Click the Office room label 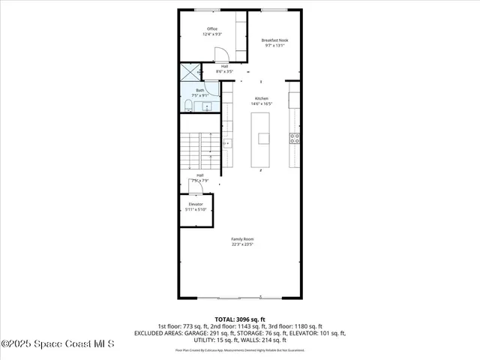pos(212,29)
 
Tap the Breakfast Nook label pos(275,40)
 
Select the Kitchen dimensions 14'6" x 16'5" pos(262,103)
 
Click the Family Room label pos(242,239)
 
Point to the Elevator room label pos(195,204)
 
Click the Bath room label pos(200,91)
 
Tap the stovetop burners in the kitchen pos(295,138)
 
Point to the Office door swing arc pos(222,54)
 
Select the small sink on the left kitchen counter pos(226,142)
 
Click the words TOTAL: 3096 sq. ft pos(239,319)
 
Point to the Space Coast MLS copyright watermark pos(58,344)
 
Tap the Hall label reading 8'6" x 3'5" pos(224,68)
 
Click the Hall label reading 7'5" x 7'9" pos(199,178)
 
